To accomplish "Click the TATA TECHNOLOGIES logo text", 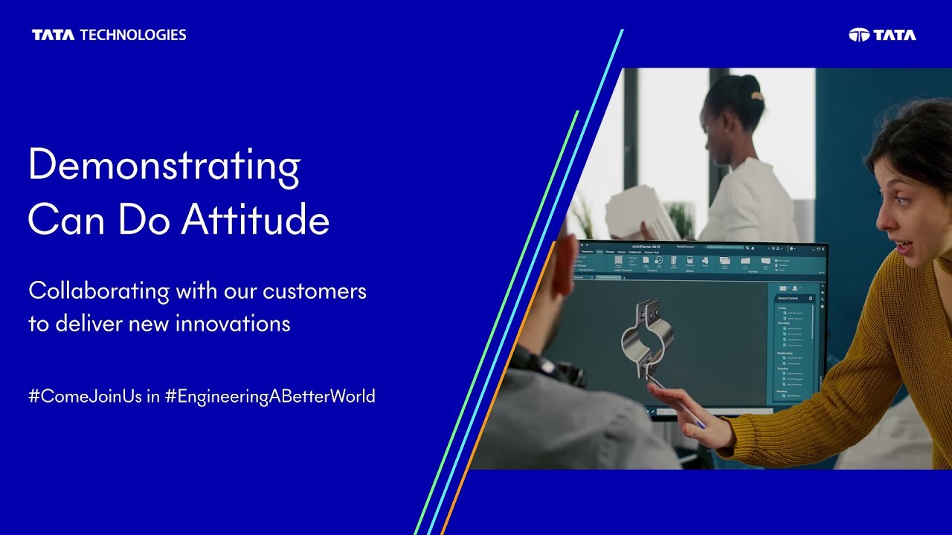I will [x=109, y=35].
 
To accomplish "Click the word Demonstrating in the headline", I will [x=164, y=166].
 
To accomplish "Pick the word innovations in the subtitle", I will [x=233, y=324].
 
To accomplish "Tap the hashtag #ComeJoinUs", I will [x=85, y=396].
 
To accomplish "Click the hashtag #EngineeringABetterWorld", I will [x=270, y=396].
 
